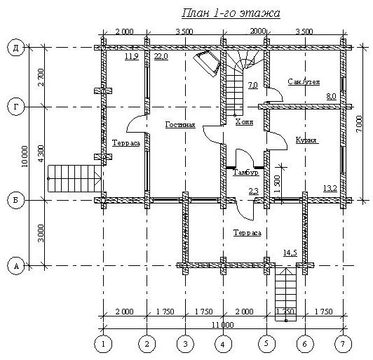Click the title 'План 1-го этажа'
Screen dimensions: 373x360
pos(231,13)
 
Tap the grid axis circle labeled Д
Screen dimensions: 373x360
pos(16,48)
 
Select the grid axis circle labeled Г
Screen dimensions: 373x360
pos(16,107)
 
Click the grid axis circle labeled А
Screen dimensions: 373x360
pos(16,266)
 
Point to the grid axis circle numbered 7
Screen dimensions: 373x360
pos(343,344)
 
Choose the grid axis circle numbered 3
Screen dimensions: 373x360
pos(185,344)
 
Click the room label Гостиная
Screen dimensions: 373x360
pos(180,125)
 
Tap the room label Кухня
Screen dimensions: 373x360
pos(306,140)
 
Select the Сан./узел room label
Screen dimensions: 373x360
pos(304,82)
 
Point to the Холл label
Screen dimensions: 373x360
pos(244,122)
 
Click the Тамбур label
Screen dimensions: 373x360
pos(245,173)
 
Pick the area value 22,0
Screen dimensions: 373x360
pos(161,57)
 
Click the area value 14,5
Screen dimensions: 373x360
pos(290,253)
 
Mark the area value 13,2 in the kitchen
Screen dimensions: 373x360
pos(330,189)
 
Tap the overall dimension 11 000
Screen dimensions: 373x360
pos(223,325)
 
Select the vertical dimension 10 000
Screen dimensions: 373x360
pos(25,156)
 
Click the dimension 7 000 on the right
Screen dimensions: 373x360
pos(359,124)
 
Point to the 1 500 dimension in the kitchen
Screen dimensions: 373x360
pos(278,185)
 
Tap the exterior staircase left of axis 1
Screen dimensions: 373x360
pos(75,178)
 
